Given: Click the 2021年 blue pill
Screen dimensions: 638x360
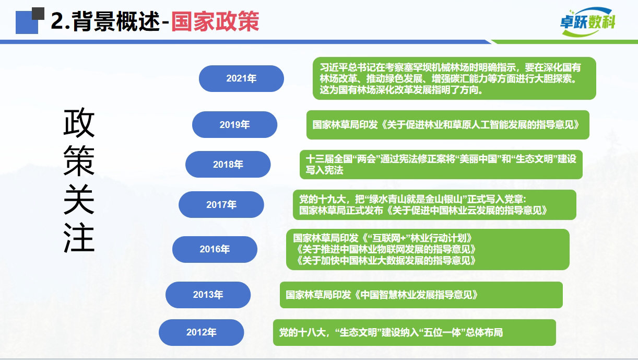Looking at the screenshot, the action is (x=241, y=78).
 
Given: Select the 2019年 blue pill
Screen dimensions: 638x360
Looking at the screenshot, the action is (x=235, y=124).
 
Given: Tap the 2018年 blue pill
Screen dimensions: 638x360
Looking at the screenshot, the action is (x=228, y=165).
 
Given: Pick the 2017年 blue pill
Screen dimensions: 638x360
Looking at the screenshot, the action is (x=221, y=204).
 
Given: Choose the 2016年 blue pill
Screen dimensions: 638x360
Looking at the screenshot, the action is (x=215, y=249).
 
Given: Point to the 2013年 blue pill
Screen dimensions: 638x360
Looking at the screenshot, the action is (x=208, y=295).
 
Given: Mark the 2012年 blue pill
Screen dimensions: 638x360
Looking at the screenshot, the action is (x=202, y=332).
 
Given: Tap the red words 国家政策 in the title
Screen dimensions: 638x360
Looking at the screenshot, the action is (x=215, y=21).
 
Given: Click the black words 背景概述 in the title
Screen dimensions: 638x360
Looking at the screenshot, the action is (x=116, y=21).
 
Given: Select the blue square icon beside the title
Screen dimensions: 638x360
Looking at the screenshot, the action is (x=27, y=22).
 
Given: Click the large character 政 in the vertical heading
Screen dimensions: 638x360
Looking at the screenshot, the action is (x=79, y=123).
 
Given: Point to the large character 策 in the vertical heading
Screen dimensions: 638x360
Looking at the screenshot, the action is (x=79, y=161).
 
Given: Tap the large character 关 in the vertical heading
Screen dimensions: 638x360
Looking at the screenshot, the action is (x=79, y=199).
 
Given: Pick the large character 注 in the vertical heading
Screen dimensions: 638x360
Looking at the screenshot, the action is (x=79, y=238).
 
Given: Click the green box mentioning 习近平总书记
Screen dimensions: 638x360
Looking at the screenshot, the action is (x=454, y=78).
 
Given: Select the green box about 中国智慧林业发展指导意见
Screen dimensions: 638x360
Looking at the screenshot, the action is (x=421, y=295).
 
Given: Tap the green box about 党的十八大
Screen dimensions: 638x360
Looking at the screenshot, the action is (x=415, y=332).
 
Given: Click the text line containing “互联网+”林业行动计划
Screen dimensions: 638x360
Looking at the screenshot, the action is (x=383, y=238).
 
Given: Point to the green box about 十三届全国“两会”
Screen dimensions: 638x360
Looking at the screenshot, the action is (x=441, y=165).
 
